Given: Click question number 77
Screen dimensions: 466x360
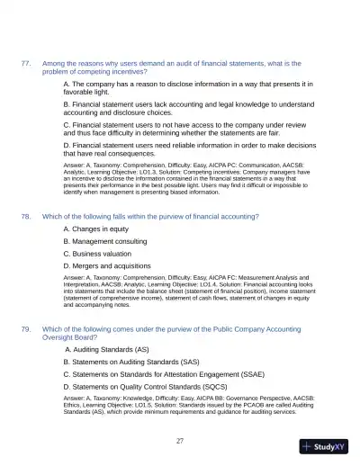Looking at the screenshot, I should coord(26,63).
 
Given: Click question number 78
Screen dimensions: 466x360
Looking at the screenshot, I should coord(26,217).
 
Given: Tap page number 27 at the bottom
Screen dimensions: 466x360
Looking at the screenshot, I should coord(180,440).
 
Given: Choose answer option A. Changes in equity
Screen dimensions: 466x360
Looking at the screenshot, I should coord(96,229).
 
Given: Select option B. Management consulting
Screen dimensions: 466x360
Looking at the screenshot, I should coord(104,242).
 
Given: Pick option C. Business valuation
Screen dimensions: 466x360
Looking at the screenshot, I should coord(99,254).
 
